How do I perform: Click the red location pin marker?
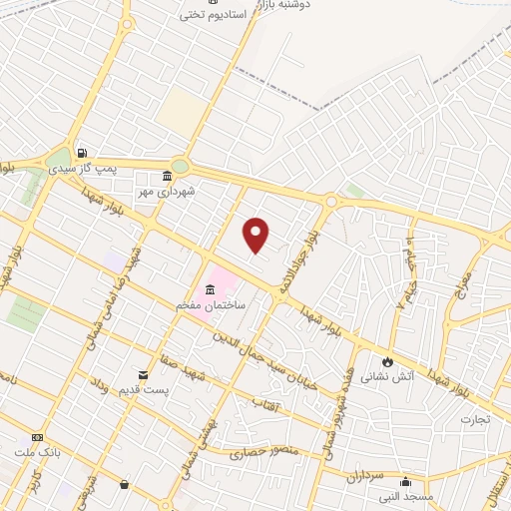256,236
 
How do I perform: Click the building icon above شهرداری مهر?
167,176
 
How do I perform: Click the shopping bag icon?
123,485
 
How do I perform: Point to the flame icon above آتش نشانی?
387,361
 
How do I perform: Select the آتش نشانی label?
383,377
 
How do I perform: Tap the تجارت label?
475,420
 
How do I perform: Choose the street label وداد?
97,383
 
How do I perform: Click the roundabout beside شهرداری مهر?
180,166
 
